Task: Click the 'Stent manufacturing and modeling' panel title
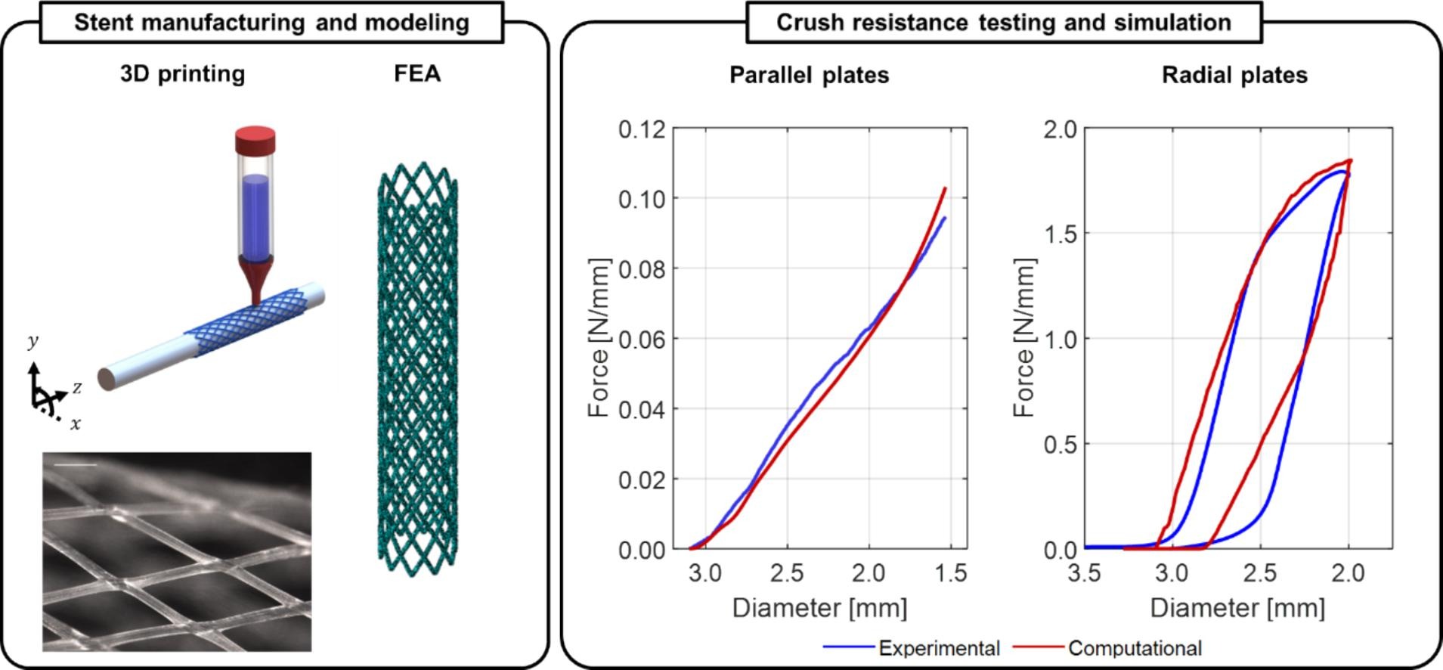click(x=271, y=22)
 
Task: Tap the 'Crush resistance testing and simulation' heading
click(x=1004, y=22)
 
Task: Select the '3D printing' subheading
click(x=182, y=74)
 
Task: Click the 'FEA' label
click(x=417, y=74)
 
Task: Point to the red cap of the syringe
click(x=255, y=141)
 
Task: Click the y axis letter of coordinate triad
click(x=33, y=342)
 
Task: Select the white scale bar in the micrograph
click(x=76, y=465)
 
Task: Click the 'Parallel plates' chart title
click(x=809, y=75)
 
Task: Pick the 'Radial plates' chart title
click(x=1234, y=75)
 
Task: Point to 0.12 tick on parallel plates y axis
click(x=642, y=129)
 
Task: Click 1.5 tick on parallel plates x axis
click(x=950, y=573)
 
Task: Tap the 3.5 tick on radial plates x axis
click(x=1084, y=573)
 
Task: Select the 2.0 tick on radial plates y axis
click(x=1060, y=129)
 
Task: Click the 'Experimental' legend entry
click(x=938, y=648)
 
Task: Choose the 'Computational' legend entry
click(x=1134, y=648)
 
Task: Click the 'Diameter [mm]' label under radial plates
click(x=1237, y=608)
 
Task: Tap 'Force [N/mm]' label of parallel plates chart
click(x=598, y=338)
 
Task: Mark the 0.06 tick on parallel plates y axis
click(x=642, y=340)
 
